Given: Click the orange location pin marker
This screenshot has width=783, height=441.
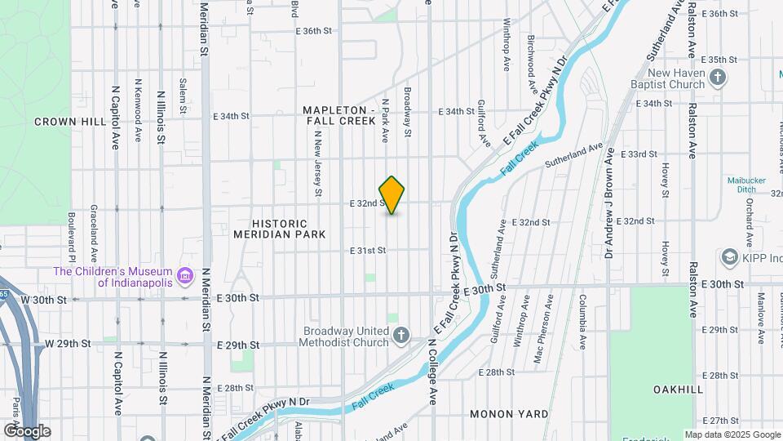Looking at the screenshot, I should point(392,195).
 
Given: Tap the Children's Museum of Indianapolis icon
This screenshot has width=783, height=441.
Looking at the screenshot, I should point(185,277).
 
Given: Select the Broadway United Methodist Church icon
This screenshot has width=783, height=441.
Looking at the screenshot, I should point(401,336).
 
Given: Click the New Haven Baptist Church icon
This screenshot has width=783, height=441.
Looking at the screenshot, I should point(718,78).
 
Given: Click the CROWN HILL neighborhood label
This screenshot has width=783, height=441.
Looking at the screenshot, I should point(70,121).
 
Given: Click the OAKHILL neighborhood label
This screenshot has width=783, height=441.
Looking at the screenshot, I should point(678,390).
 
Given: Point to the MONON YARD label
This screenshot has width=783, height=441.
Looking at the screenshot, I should point(509,414).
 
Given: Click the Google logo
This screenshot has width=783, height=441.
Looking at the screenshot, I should point(27,431).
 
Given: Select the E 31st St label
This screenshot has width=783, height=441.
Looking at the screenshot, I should point(367,251).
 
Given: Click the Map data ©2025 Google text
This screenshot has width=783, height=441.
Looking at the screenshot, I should point(732,434).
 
